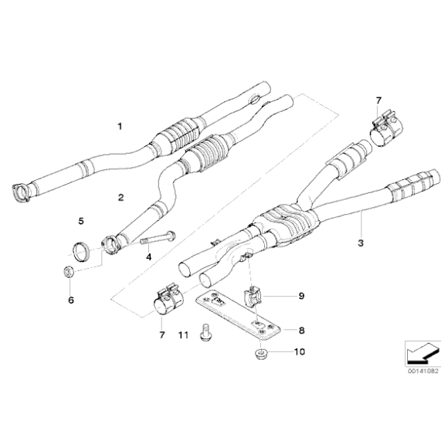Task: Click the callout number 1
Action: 120,126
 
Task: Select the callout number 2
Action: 120,198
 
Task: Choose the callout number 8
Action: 301,331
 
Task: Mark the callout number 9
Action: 301,296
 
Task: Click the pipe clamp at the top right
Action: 385,131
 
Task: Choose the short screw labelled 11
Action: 205,334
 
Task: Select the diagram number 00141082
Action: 423,371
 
